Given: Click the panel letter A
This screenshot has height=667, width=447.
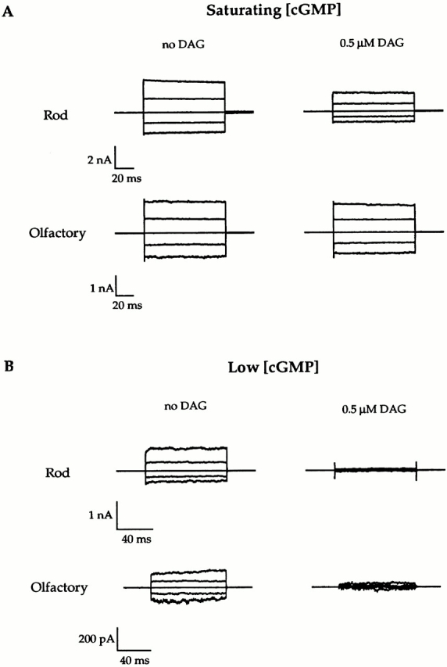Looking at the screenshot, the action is [8, 12].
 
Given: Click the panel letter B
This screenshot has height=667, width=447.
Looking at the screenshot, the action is [9, 366].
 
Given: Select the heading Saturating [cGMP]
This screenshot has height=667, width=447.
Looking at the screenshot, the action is [274, 10].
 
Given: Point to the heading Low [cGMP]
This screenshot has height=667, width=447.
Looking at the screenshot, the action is [273, 367].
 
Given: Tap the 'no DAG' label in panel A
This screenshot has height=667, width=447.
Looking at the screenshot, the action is [184, 45].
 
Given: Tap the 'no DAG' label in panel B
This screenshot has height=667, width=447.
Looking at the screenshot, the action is [185, 406].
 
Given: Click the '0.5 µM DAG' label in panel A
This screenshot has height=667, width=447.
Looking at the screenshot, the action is [372, 43].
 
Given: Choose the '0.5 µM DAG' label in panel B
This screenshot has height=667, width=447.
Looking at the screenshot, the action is [374, 409].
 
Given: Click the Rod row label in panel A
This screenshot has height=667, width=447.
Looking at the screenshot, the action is [55, 115].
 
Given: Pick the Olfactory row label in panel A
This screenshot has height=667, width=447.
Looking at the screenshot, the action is [57, 233].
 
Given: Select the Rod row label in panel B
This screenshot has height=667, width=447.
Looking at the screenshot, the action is [57, 472].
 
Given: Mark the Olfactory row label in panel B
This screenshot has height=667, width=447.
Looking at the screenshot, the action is [59, 587].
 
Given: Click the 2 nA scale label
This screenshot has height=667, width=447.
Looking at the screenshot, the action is [99, 160].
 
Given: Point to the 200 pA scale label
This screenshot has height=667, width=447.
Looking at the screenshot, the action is [97, 639].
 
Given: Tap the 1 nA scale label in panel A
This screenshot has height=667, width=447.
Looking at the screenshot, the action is [102, 289].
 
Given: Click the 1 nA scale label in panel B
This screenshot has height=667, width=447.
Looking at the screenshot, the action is [101, 515].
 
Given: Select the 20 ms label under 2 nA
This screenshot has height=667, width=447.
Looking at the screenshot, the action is [127, 178].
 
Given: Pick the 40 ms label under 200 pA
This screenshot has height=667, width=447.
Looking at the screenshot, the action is [134, 660].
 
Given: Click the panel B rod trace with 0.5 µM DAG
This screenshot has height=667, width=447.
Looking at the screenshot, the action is [376, 470].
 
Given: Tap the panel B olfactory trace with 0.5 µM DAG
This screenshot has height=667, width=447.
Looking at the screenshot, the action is [377, 586].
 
